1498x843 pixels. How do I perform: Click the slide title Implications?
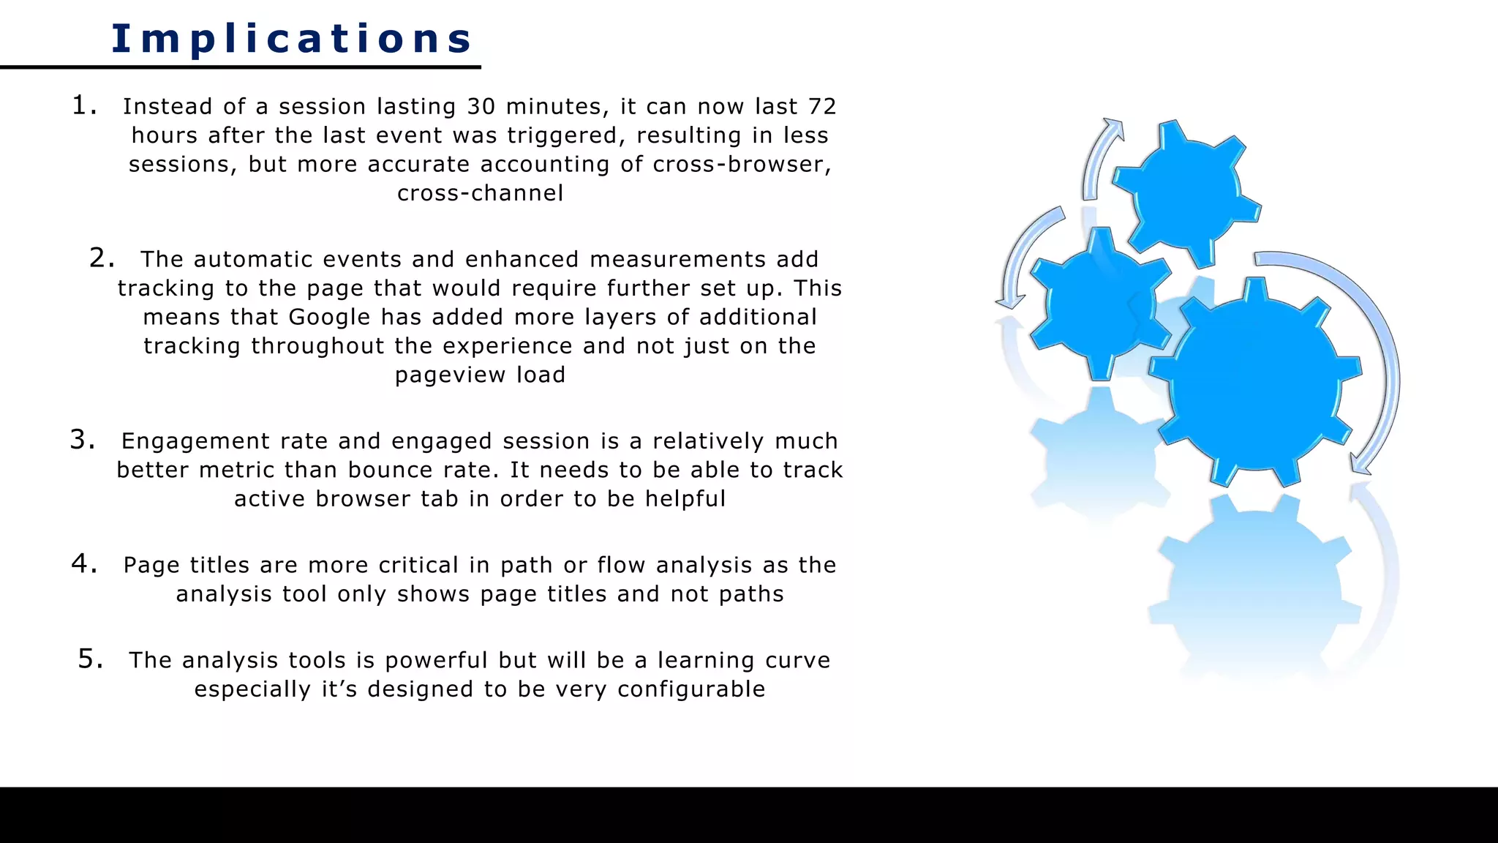tap(291, 39)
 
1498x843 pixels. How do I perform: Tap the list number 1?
tap(83, 106)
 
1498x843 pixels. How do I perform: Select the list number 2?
tap(101, 258)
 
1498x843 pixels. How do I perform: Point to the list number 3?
tap(81, 440)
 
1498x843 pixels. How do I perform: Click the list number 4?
tap(83, 563)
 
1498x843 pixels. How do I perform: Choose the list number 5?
tap(89, 659)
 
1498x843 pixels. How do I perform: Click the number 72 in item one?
tap(822, 107)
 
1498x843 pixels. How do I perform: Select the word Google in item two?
tap(329, 318)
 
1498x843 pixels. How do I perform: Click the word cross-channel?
tap(481, 193)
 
